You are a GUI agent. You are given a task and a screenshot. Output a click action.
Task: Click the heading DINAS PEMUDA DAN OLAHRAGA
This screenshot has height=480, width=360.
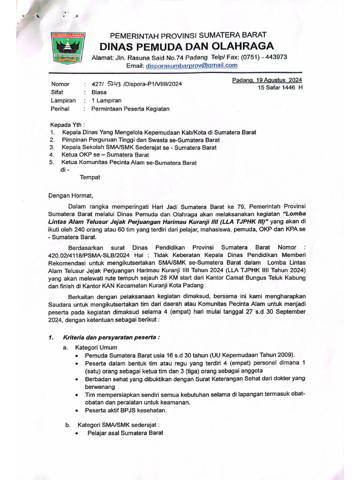186,46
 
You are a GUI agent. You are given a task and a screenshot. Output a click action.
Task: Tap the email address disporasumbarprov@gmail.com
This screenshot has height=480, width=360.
191,66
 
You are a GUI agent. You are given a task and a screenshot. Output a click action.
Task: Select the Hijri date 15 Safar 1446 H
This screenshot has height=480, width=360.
280,88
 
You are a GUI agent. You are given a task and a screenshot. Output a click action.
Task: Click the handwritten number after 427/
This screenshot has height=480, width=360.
114,84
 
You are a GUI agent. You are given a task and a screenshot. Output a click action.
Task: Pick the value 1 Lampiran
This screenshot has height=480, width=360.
106,101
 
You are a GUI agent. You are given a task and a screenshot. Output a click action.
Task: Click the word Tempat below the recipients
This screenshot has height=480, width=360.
90,178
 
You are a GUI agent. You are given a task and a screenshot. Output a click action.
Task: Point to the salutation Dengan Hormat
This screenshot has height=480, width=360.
71,196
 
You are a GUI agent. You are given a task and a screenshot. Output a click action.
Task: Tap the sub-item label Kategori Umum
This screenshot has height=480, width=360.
97,347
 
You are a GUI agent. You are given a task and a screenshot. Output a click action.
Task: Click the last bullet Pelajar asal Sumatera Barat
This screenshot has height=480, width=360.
125,433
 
